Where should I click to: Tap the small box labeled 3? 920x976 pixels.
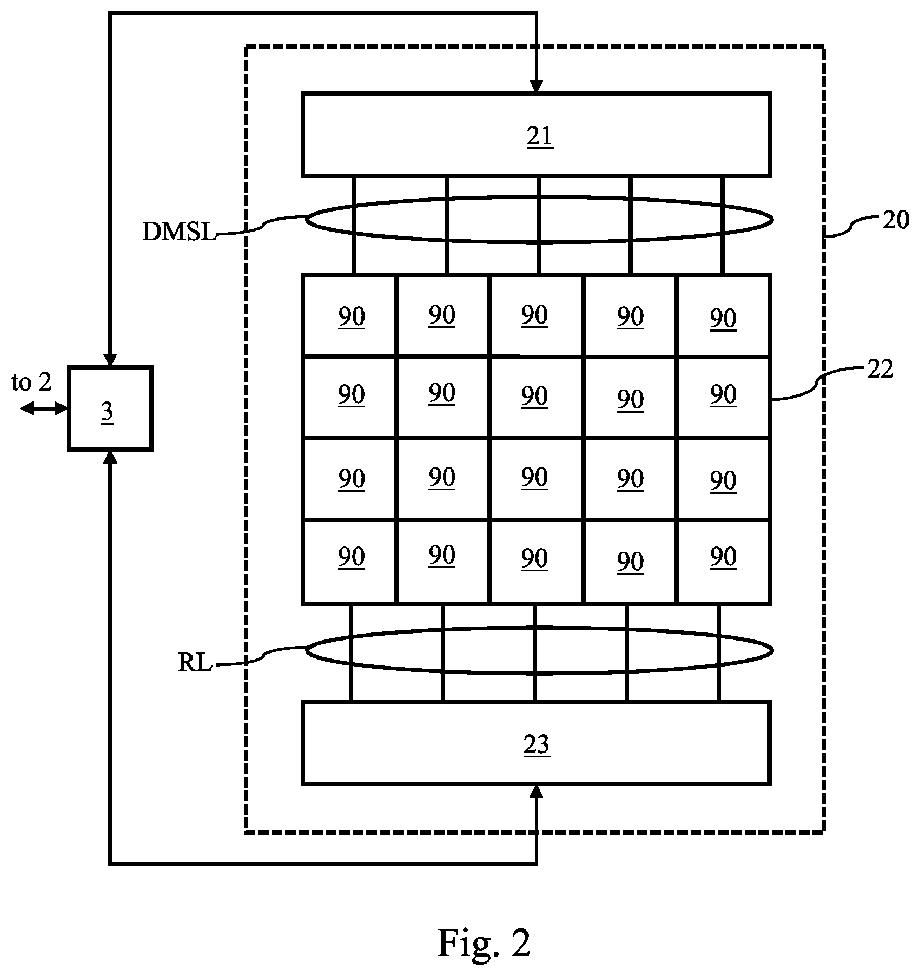click(x=110, y=408)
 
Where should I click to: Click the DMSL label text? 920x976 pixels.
click(x=178, y=232)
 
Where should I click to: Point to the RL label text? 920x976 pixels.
click(x=195, y=663)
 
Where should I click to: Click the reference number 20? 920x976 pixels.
click(x=896, y=220)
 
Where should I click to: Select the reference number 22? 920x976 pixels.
click(x=880, y=370)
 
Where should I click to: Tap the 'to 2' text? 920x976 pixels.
click(x=31, y=383)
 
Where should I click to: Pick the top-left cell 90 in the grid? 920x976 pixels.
click(x=349, y=315)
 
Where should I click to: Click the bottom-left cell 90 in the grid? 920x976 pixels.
click(x=349, y=562)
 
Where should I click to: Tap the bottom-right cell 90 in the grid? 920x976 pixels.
click(x=723, y=562)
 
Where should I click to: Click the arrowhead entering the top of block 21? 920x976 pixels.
click(x=536, y=87)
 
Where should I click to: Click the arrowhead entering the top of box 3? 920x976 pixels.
click(x=110, y=360)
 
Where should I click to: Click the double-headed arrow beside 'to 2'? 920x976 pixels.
click(x=44, y=409)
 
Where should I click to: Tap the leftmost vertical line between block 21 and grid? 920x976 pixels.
click(x=354, y=225)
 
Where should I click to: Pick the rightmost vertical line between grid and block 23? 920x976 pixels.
click(x=719, y=652)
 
